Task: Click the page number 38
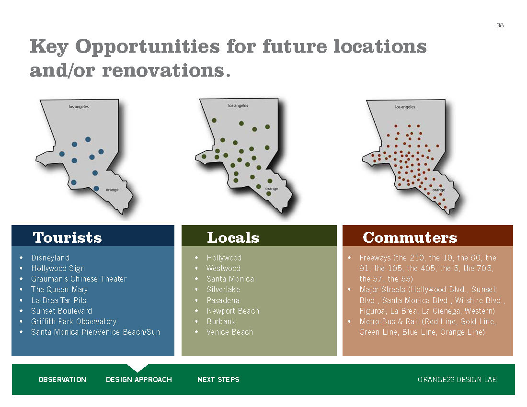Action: tap(500, 25)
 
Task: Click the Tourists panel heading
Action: tap(67, 237)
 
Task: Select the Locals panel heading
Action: tap(233, 237)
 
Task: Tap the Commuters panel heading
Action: tap(410, 237)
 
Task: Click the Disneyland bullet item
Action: tap(50, 258)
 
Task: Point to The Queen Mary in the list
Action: tap(59, 290)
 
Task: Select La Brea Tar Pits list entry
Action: tap(59, 300)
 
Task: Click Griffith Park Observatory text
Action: tap(74, 321)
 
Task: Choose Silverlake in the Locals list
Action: tap(223, 290)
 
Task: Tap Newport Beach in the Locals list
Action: tap(233, 311)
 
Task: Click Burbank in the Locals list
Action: tap(221, 321)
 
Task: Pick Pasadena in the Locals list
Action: tap(223, 300)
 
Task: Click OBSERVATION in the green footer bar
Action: tap(62, 379)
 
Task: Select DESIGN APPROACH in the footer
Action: tap(139, 379)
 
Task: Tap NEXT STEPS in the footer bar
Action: tap(218, 379)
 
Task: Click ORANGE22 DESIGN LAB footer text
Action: tap(457, 379)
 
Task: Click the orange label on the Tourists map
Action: tap(112, 190)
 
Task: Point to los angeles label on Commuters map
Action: tap(405, 107)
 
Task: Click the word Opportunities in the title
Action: tap(147, 46)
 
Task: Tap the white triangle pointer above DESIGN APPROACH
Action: tap(137, 367)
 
